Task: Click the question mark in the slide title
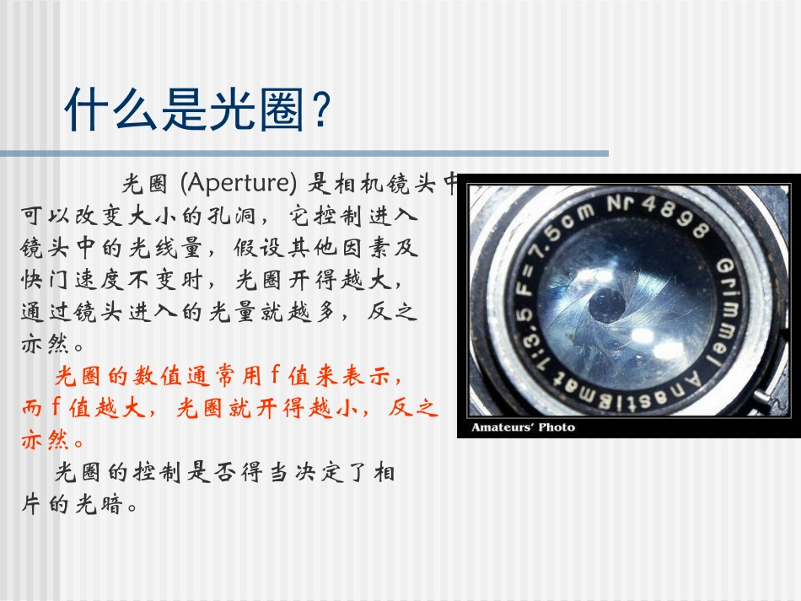pos(318,110)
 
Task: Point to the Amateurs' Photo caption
pos(523,427)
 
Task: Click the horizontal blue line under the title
pos(304,153)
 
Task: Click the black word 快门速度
pos(74,279)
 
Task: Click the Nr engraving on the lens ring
pos(621,206)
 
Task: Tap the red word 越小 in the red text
pos(342,408)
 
